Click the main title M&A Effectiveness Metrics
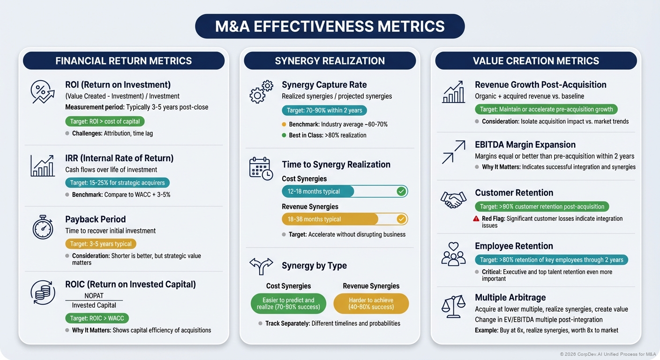[x=330, y=26]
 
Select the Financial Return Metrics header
[x=124, y=61]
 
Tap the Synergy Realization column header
[x=330, y=61]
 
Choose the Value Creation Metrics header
[x=536, y=61]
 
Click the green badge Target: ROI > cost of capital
[x=105, y=121]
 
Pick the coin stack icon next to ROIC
[x=43, y=292]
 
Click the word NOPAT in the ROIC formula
[x=94, y=296]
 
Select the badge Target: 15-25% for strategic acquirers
[x=117, y=183]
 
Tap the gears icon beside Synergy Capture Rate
[x=261, y=91]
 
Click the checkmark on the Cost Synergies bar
[x=401, y=191]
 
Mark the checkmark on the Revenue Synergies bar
[x=401, y=219]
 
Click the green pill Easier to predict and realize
[x=288, y=303]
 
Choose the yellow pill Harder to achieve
[x=371, y=303]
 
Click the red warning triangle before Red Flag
[x=477, y=218]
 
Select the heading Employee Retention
[x=514, y=246]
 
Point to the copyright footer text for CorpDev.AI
[x=607, y=354]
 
